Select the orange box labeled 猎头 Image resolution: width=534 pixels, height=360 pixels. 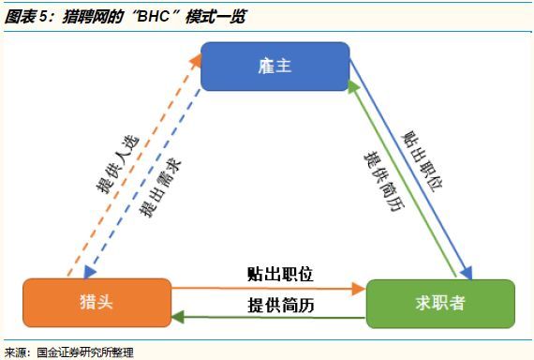pyautogui.click(x=96, y=302)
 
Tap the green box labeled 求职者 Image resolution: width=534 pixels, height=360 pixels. pyautogui.click(x=440, y=302)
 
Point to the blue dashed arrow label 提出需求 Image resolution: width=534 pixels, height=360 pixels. pyautogui.click(x=161, y=187)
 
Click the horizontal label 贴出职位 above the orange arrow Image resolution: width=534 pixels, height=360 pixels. pyautogui.click(x=280, y=274)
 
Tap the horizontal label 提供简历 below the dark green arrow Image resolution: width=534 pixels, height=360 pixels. pyautogui.click(x=280, y=305)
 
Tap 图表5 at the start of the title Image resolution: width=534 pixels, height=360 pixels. pyautogui.click(x=26, y=17)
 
